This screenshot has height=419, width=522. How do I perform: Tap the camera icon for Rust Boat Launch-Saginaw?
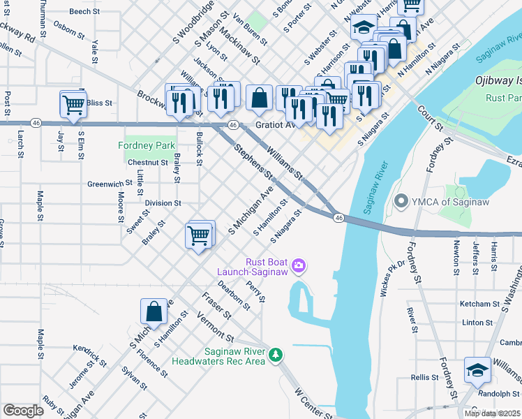click(x=299, y=264)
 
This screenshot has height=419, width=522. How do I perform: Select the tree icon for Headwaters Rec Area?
click(x=277, y=355)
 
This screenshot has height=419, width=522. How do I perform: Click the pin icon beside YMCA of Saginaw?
click(x=401, y=203)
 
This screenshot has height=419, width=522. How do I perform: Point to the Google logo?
click(x=23, y=411)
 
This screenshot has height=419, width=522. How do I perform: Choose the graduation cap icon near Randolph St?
click(x=478, y=371)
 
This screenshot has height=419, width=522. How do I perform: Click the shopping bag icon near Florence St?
click(x=154, y=312)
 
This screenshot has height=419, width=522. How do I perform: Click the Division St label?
click(x=163, y=203)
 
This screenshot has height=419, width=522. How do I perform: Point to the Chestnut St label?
click(x=148, y=163)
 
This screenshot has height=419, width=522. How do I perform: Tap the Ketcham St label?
click(x=479, y=304)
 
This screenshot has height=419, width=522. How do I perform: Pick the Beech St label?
click(x=84, y=12)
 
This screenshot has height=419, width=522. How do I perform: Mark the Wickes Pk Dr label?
click(x=392, y=279)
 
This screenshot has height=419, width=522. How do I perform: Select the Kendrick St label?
click(x=89, y=354)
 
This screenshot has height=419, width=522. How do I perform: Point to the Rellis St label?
click(x=424, y=377)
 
